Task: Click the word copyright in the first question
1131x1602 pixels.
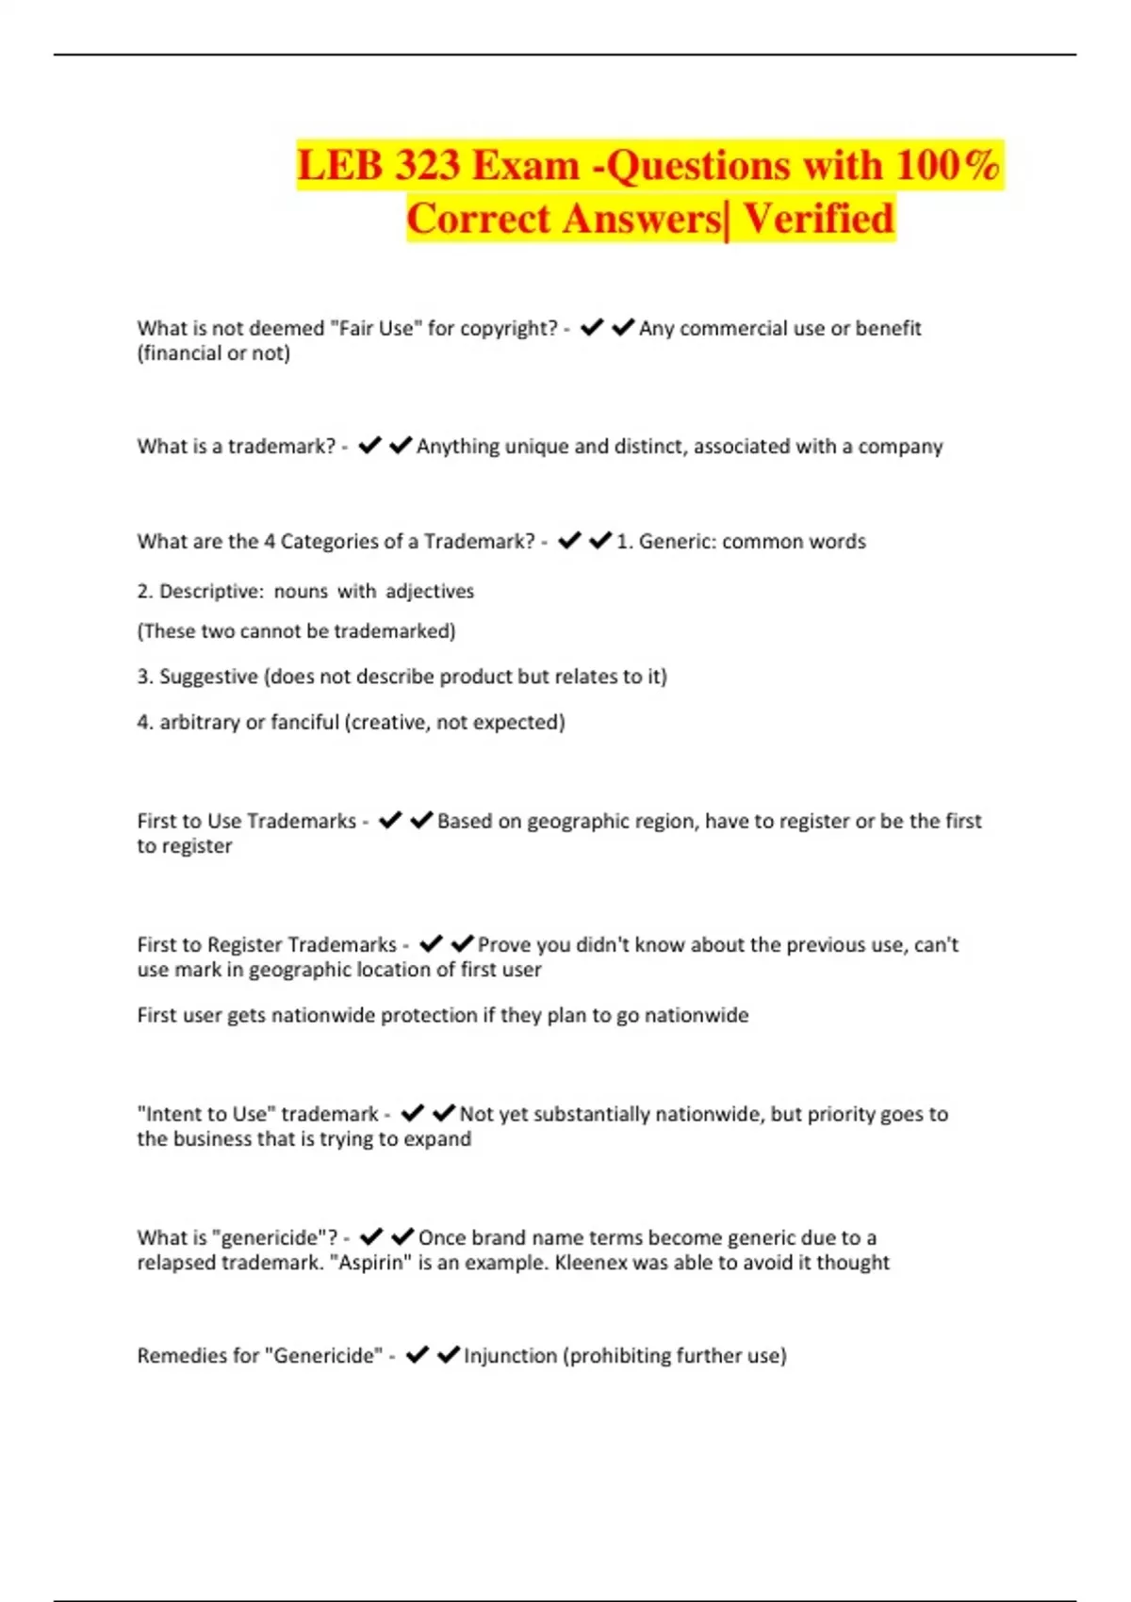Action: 510,328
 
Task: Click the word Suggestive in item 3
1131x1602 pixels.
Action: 208,677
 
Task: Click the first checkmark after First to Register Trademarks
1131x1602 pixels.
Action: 431,943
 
